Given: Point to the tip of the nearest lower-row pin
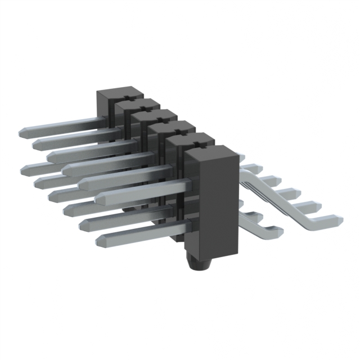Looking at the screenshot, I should (102, 241).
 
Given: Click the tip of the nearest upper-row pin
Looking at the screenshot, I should (102, 197).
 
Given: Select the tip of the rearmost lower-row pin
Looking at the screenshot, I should (28, 168).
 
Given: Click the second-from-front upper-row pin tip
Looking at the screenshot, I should (85, 182).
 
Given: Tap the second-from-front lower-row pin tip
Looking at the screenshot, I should (85, 224).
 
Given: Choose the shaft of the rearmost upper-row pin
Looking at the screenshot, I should (62, 125).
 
